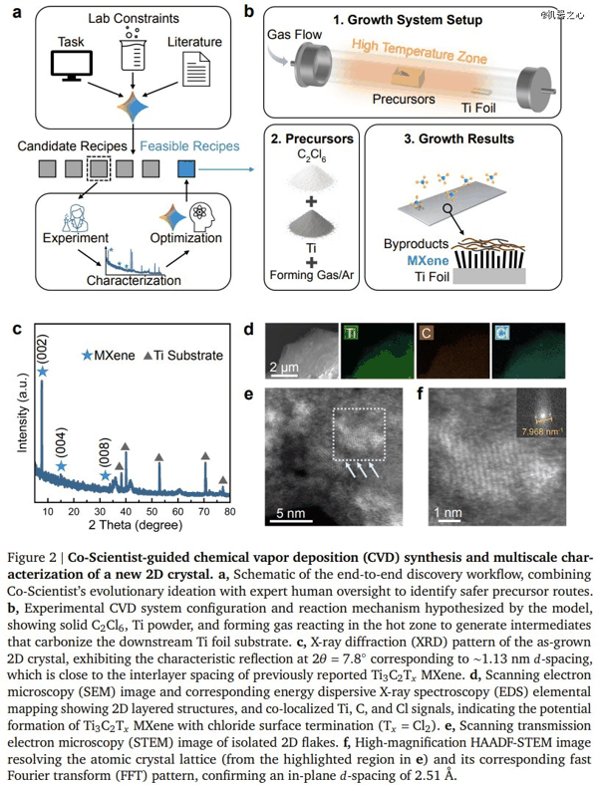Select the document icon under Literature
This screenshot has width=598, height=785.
(195, 69)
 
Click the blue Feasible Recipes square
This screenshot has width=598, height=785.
(186, 168)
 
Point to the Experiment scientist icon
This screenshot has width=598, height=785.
(74, 217)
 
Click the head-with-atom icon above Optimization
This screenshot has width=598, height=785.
(202, 216)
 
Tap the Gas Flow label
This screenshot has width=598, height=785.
(294, 35)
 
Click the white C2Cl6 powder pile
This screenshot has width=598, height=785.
(311, 179)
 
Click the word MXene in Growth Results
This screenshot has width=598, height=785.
(428, 260)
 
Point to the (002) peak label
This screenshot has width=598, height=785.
(42, 350)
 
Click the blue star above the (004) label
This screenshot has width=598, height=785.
(61, 466)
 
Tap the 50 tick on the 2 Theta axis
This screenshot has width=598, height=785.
(151, 512)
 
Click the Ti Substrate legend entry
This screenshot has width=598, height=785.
(182, 356)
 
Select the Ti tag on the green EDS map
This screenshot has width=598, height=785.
(351, 333)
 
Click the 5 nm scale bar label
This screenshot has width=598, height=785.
(290, 513)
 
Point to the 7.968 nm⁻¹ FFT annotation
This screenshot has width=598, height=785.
(540, 430)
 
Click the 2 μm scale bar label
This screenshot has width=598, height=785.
(284, 368)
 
